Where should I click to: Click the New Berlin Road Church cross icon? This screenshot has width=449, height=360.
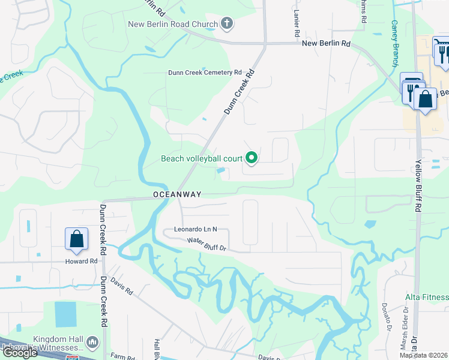click(226, 25)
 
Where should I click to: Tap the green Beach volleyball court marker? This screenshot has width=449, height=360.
click(252, 158)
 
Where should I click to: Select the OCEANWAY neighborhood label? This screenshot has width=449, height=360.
click(176, 194)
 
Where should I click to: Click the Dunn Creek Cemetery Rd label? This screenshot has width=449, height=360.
click(203, 73)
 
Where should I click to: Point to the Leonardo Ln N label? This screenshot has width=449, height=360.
click(195, 229)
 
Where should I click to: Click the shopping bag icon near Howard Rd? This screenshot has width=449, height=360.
click(77, 239)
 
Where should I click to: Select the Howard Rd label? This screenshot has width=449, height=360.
click(81, 262)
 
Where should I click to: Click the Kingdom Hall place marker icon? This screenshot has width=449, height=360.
click(92, 342)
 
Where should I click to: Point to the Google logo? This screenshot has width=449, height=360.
click(20, 353)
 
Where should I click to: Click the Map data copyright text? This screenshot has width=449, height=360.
click(423, 355)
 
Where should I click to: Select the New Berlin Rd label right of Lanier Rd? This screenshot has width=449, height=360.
click(326, 43)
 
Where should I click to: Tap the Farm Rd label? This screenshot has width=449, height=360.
click(122, 357)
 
